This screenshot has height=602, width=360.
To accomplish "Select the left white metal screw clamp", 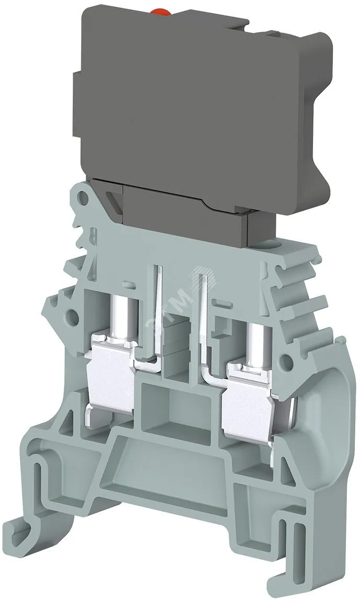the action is pos(111,369).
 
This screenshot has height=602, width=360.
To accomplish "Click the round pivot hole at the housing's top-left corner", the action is pos(82,197).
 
